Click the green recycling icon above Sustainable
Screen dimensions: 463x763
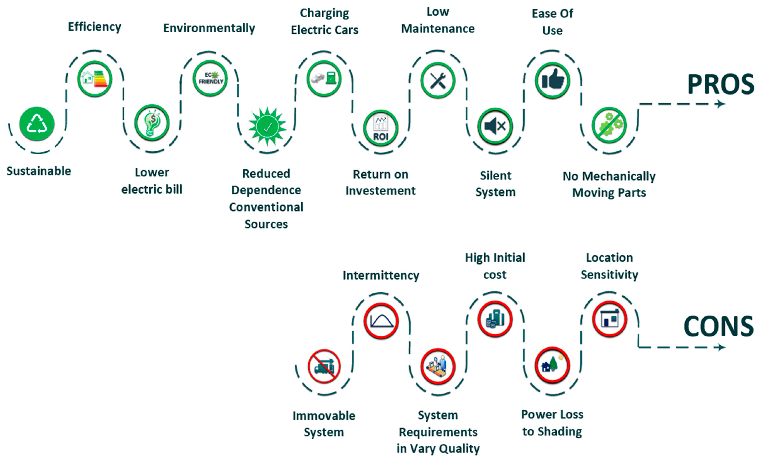37,124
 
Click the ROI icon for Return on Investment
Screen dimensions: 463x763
381,128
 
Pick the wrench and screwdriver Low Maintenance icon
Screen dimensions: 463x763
438,80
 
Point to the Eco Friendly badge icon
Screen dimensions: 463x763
210,78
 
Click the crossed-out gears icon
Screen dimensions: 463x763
609,125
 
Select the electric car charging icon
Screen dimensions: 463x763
324,78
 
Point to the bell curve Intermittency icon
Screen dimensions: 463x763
381,320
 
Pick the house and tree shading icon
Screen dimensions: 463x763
552,365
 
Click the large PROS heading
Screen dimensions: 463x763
721,84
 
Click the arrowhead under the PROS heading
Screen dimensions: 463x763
721,104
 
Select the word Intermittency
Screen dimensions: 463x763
381,275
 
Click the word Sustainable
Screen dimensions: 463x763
39,171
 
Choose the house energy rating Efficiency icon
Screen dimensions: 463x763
95,79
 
